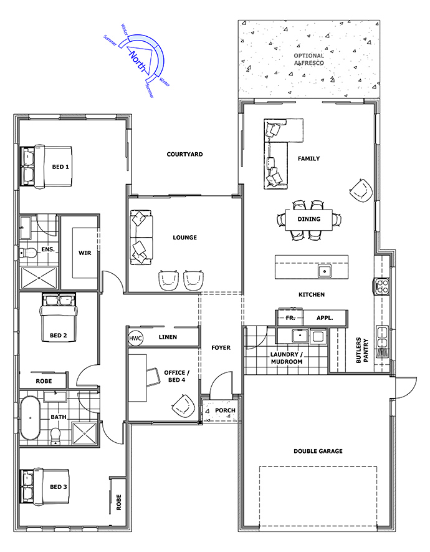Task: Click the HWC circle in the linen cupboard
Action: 135,338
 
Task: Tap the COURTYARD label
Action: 184,154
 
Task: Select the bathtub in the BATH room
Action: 31,419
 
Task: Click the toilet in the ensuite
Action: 28,253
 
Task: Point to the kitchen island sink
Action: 324,271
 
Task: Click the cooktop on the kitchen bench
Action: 381,286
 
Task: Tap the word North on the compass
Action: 138,61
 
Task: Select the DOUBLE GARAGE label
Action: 318,451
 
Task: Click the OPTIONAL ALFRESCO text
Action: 308,59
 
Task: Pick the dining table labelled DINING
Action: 308,220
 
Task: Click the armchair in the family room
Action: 361,190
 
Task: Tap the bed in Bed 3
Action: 44,487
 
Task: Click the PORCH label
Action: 225,410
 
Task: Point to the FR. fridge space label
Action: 290,318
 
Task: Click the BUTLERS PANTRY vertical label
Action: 362,351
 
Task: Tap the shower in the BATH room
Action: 84,433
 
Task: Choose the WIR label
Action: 85,253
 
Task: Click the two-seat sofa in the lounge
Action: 141,237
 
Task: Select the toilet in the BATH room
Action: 55,436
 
